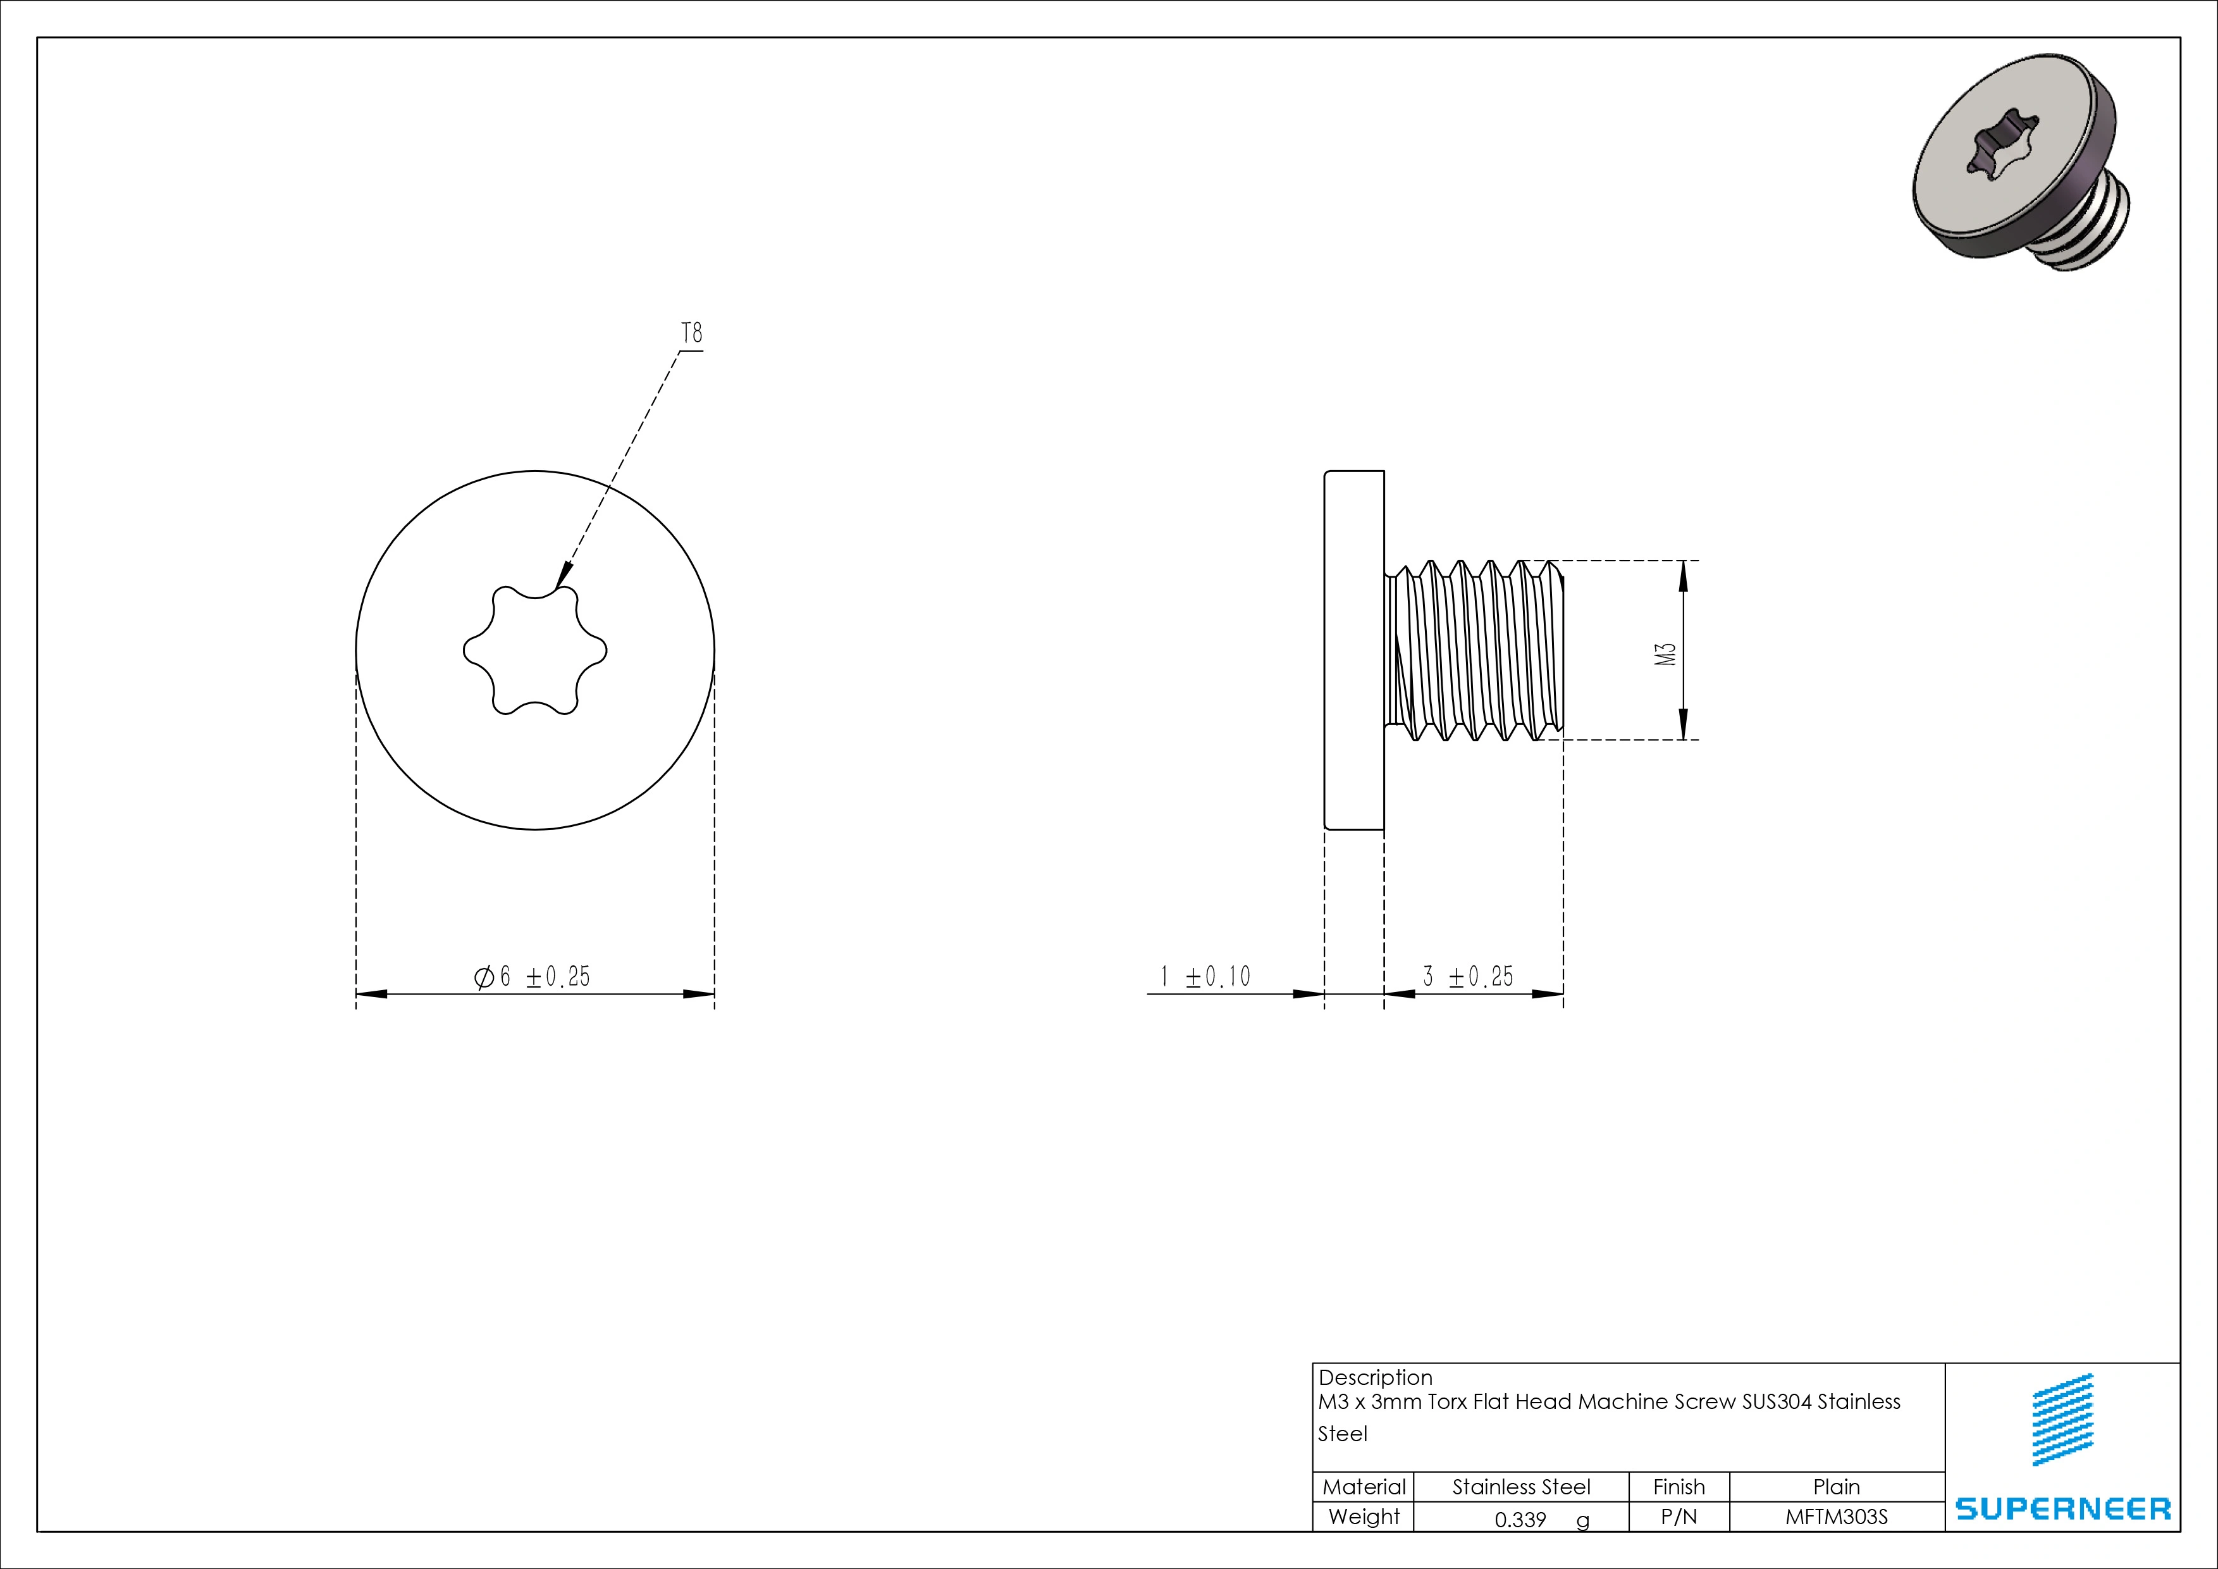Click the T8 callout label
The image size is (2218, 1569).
692,334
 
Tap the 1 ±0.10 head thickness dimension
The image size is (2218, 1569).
1205,977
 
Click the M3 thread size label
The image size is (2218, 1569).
1665,654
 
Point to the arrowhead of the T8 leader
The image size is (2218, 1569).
563,577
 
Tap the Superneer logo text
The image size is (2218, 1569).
2062,1508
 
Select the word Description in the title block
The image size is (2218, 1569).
1375,1378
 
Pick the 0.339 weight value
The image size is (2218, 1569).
1520,1520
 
